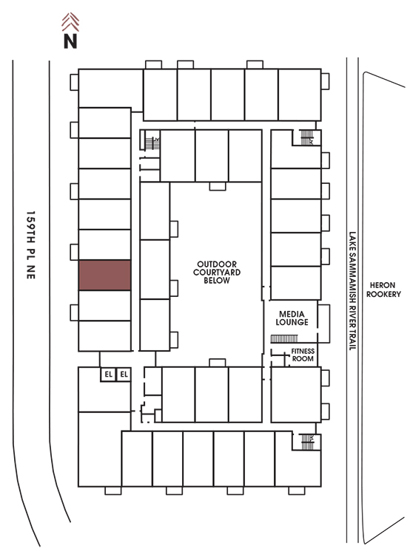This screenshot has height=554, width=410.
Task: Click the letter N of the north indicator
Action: (x=70, y=41)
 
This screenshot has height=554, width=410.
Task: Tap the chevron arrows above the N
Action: (x=70, y=22)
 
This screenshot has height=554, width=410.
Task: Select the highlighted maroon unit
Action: (x=104, y=276)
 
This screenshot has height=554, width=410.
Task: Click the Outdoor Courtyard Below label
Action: (x=217, y=273)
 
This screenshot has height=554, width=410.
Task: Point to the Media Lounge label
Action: (x=292, y=318)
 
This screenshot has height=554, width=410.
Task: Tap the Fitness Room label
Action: (x=303, y=355)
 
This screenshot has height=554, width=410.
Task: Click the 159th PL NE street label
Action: (x=31, y=244)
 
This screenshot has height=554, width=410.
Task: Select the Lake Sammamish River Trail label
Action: (x=352, y=291)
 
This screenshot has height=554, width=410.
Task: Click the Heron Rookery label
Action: (x=383, y=290)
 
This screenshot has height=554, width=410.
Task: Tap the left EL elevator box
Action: (x=108, y=375)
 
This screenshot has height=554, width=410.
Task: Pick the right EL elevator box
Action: (x=124, y=375)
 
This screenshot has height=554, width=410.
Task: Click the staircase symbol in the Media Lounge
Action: (x=284, y=339)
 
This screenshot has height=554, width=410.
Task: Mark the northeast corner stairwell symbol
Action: (x=306, y=137)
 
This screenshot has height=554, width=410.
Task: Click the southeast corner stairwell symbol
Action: (x=307, y=442)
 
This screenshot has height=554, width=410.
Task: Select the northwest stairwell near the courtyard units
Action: (x=152, y=143)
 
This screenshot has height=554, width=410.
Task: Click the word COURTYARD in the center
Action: (x=217, y=273)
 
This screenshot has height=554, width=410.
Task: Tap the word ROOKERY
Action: (x=383, y=294)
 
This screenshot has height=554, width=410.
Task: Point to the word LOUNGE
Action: (x=292, y=322)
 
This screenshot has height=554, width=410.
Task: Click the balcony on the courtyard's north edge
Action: (x=218, y=186)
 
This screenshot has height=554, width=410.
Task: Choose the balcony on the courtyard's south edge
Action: (x=218, y=363)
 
